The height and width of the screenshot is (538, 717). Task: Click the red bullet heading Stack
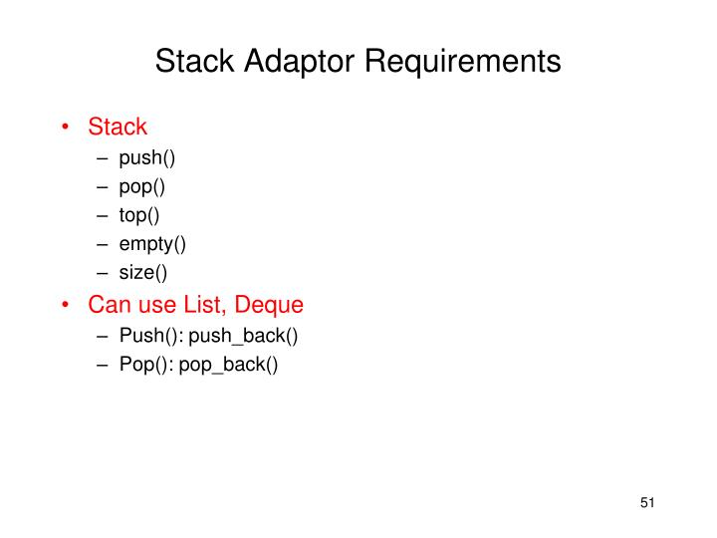[118, 127]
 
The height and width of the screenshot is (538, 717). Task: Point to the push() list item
[147, 157]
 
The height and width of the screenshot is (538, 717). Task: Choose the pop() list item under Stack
[142, 185]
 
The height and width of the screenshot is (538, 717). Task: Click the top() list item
[139, 213]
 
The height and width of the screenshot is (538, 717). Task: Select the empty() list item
[152, 242]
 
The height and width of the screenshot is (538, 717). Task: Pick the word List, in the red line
[205, 304]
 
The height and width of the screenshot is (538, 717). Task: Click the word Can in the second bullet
[108, 304]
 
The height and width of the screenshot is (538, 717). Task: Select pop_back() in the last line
[228, 364]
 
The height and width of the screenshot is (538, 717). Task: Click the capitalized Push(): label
[148, 336]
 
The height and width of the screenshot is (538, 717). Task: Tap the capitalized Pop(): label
[144, 364]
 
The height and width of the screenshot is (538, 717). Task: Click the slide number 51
[648, 503]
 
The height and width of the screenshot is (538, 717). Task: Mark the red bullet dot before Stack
[67, 128]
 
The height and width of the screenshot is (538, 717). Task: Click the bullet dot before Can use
[67, 305]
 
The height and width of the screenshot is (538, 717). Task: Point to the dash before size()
[103, 271]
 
